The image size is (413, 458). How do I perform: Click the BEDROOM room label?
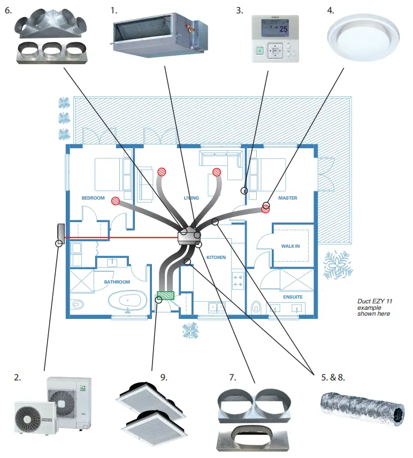(x=93, y=198)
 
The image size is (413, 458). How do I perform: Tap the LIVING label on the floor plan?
(x=191, y=198)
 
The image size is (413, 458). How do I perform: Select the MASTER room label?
(x=287, y=198)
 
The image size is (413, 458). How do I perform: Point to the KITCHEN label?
(x=216, y=257)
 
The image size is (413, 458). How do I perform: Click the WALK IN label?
(x=290, y=246)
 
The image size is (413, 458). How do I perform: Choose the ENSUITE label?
(x=293, y=297)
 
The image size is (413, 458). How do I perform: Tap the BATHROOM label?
(x=117, y=282)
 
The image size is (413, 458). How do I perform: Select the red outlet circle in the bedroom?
(x=115, y=201)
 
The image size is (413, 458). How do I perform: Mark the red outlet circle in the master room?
(x=265, y=209)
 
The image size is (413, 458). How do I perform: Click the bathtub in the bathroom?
(x=127, y=301)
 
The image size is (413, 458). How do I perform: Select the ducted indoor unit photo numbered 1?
(x=159, y=32)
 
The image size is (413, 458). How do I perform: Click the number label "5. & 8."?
(x=333, y=377)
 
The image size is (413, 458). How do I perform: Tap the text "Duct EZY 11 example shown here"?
(x=374, y=308)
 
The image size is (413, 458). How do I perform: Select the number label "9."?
(x=164, y=377)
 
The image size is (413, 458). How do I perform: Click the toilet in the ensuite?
(x=256, y=308)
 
